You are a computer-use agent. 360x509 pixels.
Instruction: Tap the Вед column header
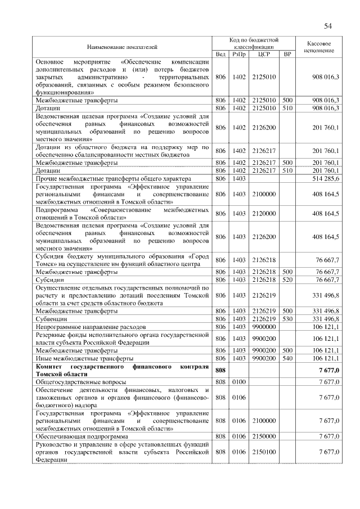(x=220, y=55)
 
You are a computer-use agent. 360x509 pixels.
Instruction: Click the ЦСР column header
(x=263, y=55)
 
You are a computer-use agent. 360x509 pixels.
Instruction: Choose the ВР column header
(x=287, y=55)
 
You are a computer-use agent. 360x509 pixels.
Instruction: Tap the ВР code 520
(x=287, y=280)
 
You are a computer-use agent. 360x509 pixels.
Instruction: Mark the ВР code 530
(x=287, y=318)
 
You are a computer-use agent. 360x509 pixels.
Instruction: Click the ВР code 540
(x=287, y=358)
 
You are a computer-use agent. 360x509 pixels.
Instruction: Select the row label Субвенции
(x=51, y=318)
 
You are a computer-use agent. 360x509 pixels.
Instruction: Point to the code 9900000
(x=263, y=326)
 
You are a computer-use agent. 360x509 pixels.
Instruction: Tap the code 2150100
(x=263, y=452)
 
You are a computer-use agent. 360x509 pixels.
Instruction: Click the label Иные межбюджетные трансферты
(x=84, y=358)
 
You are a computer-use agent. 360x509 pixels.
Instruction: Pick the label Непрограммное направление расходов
(x=91, y=326)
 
